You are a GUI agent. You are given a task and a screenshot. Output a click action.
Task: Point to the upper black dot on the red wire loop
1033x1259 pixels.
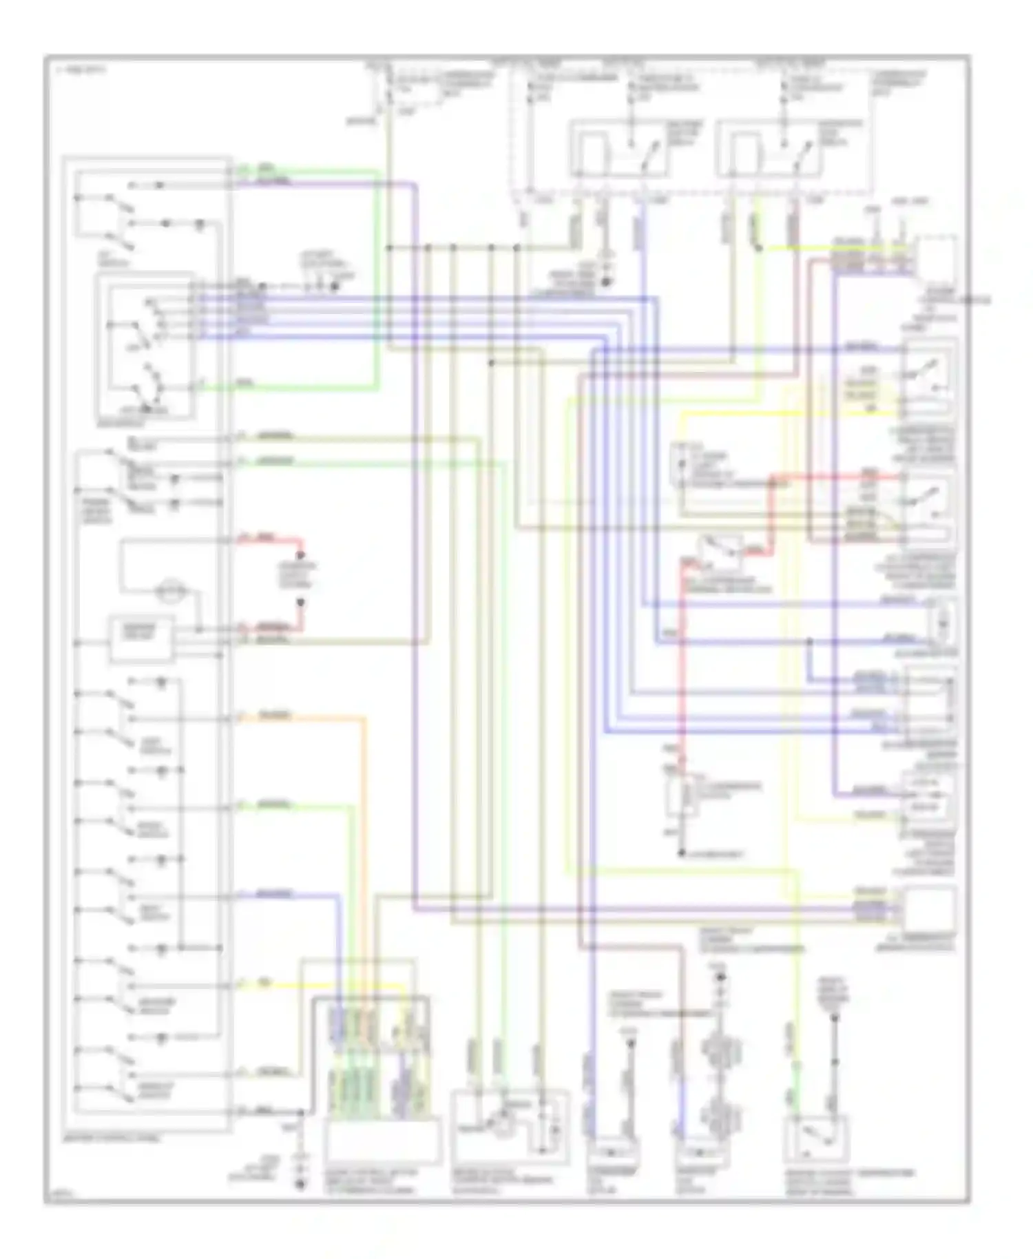pyautogui.click(x=300, y=555)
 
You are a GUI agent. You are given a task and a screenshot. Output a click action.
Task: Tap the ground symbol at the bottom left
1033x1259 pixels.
pyautogui.click(x=300, y=1183)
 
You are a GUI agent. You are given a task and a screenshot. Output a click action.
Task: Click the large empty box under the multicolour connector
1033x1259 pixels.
pyautogui.click(x=382, y=1141)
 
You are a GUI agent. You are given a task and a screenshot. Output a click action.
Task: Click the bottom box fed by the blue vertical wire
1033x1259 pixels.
pyautogui.click(x=698, y=1151)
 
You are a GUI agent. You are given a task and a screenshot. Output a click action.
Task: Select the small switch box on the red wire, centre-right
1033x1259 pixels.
pyautogui.click(x=720, y=550)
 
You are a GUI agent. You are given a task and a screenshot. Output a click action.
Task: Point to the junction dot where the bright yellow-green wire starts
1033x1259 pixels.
pyautogui.click(x=758, y=248)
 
